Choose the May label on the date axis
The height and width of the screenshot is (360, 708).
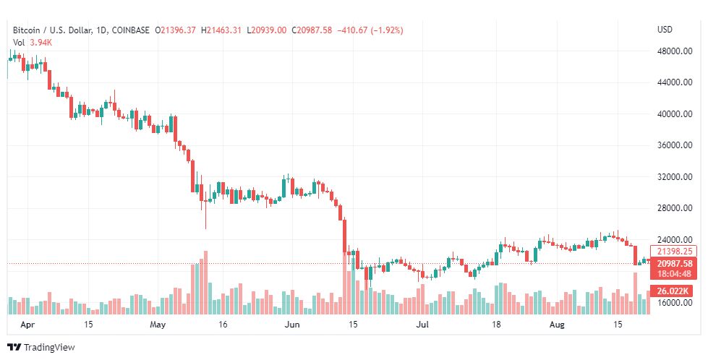[159, 325]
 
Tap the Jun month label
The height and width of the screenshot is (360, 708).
[291, 325]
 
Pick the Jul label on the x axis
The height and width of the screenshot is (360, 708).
[423, 325]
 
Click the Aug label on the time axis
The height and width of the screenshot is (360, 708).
[557, 325]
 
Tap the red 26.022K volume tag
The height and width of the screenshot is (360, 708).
[673, 291]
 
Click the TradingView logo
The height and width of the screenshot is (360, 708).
[40, 348]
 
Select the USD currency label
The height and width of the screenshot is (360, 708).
[665, 30]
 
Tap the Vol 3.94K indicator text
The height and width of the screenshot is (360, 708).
[33, 43]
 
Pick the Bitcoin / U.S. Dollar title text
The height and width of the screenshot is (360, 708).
[52, 30]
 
